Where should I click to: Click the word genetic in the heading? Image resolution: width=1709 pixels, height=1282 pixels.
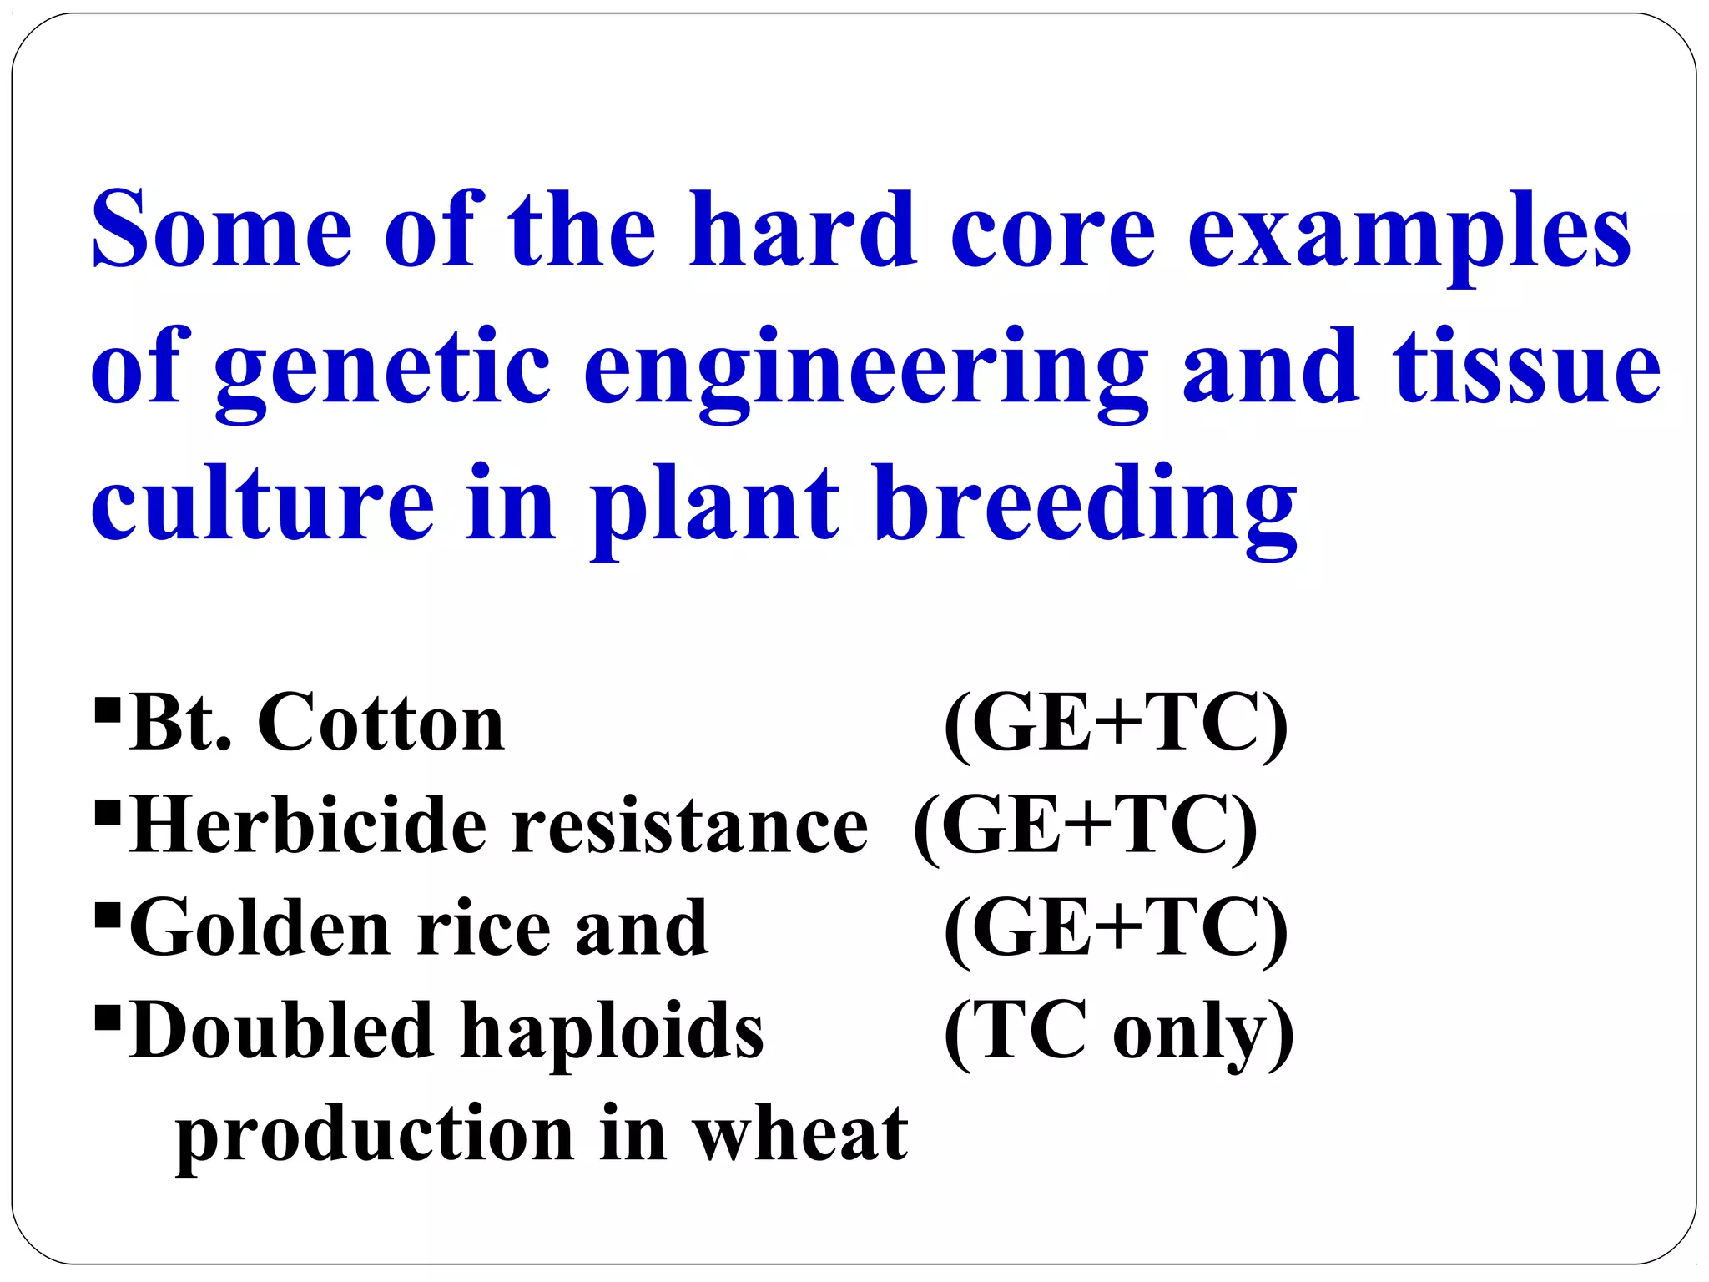coord(382,371)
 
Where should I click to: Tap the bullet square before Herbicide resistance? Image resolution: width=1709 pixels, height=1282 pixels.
coord(108,811)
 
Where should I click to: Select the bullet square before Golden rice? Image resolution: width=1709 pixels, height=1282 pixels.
coord(108,915)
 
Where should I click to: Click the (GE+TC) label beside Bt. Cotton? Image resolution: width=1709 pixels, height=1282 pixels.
coord(1117,724)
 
